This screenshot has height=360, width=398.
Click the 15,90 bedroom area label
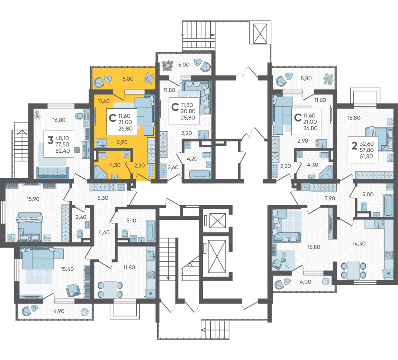pos(33,199)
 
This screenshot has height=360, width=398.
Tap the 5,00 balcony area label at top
pos(184,65)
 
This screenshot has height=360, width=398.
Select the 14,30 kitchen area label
pos(359,243)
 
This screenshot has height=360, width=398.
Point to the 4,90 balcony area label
pos(59,311)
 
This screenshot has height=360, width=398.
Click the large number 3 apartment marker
pos(51,140)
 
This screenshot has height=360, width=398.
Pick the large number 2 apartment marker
pos(354,146)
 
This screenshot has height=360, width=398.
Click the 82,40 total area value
pos(62,151)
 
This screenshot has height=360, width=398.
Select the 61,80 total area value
pos(366,156)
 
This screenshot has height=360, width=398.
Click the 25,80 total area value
pos(188,118)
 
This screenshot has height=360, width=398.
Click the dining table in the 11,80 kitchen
pos(110,289)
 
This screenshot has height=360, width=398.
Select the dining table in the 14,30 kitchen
pos(354,270)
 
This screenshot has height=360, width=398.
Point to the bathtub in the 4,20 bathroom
pos(200,175)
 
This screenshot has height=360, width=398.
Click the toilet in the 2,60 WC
pos(80,233)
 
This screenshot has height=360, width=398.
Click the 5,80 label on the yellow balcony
pos(128,79)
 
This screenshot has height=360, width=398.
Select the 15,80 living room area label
pos(314,247)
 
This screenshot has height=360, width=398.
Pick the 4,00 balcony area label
pos(305,281)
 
